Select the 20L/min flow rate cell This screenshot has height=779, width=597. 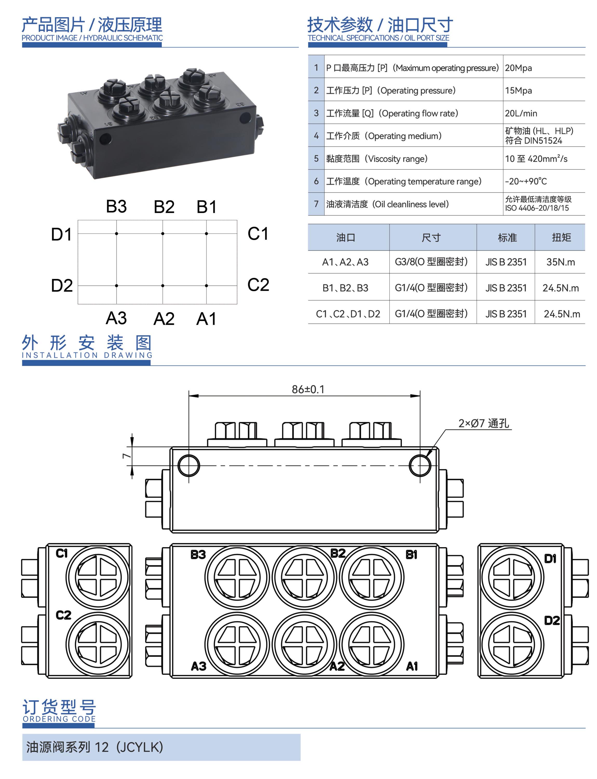(521, 113)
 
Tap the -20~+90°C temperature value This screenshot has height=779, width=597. (526, 181)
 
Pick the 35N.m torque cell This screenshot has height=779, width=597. (560, 262)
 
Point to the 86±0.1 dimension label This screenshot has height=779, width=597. (308, 389)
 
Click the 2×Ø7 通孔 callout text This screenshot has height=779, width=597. (483, 423)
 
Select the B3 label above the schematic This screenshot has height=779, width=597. (116, 206)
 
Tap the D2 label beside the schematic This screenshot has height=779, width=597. (62, 285)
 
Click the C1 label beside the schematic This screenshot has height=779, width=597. (258, 234)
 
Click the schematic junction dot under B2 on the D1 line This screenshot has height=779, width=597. (163, 234)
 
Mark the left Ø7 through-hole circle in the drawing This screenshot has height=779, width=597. (189, 465)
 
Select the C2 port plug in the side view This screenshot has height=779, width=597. (97, 644)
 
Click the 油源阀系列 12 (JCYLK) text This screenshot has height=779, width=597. (94, 747)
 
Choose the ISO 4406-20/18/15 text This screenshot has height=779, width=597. (537, 208)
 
